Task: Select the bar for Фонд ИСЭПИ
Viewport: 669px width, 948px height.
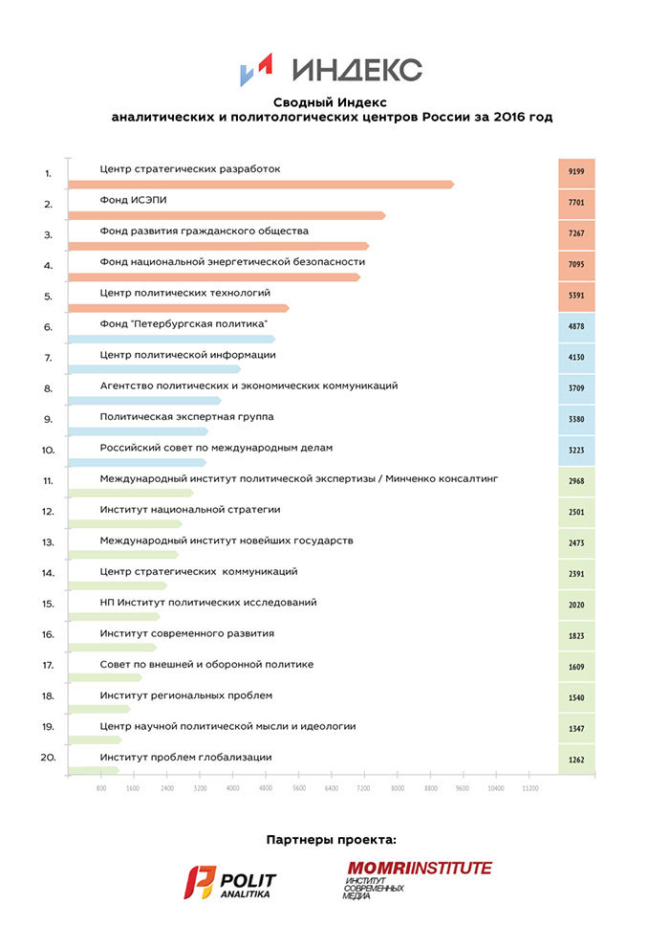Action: (x=227, y=216)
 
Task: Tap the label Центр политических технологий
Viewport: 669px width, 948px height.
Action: (x=185, y=293)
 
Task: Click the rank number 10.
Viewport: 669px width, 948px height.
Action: (x=47, y=448)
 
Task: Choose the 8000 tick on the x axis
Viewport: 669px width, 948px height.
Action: (x=398, y=789)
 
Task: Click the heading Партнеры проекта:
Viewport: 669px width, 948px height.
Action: (x=331, y=840)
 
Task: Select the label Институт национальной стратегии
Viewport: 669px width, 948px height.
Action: (x=189, y=510)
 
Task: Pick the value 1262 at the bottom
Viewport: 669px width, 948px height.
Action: (x=576, y=761)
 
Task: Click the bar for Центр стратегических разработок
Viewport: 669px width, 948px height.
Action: (x=261, y=185)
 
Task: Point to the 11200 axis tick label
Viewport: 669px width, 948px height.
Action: (x=529, y=789)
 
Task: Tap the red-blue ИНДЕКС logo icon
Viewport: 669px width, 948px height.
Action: (x=257, y=70)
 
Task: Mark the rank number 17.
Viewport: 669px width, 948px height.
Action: (x=47, y=664)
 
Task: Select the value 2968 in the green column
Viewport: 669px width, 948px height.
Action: (x=576, y=481)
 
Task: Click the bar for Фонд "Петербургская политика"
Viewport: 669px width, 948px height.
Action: (x=172, y=340)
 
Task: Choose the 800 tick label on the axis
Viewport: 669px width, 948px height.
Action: (x=100, y=789)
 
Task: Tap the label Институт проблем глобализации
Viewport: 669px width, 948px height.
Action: (x=185, y=757)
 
